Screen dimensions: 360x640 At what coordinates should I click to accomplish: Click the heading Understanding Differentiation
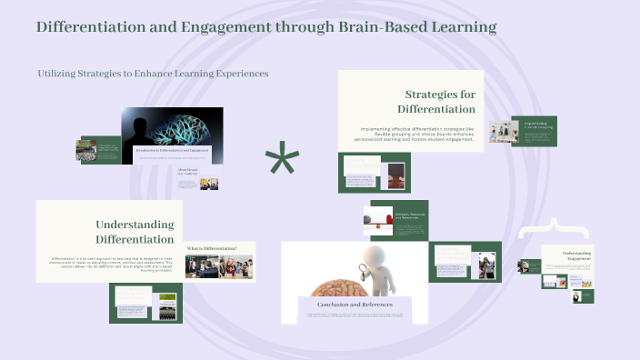coord(135,232)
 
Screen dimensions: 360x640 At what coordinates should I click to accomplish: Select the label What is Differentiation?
coord(212,248)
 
